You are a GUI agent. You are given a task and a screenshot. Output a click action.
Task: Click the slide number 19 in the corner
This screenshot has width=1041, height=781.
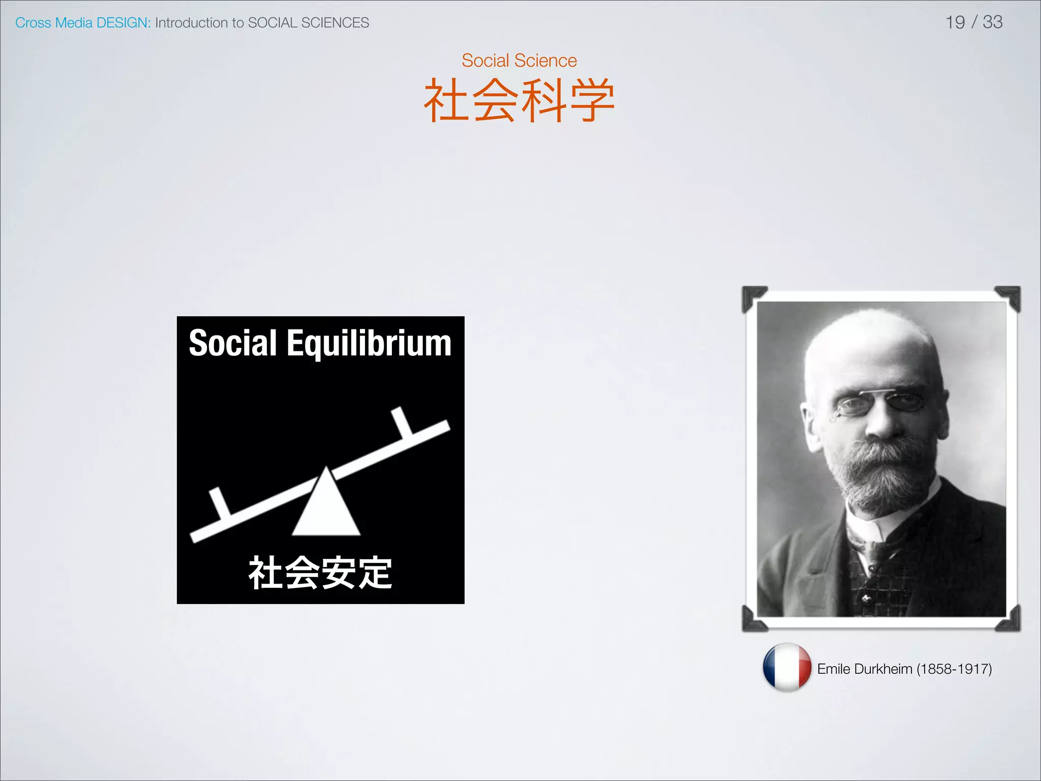click(955, 22)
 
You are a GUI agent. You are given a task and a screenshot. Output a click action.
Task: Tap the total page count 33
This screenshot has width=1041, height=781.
click(992, 22)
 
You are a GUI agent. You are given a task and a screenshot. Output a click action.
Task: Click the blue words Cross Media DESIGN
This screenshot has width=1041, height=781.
click(82, 23)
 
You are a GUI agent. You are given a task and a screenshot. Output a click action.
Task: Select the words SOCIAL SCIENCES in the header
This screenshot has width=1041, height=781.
click(308, 23)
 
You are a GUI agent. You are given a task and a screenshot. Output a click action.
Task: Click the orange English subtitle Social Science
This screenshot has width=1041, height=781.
click(519, 61)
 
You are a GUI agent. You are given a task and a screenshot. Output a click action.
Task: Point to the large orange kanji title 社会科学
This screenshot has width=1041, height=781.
click(519, 100)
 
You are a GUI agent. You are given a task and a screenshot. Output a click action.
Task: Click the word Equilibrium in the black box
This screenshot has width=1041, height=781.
click(369, 344)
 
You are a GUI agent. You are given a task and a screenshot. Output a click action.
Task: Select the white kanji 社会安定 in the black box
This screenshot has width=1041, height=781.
click(320, 573)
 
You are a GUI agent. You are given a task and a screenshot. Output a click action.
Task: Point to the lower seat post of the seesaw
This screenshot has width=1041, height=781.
click(220, 503)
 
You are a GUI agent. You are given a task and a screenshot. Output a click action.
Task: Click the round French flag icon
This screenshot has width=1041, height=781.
click(786, 668)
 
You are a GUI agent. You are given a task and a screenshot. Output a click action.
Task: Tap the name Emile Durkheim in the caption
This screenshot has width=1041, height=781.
click(864, 669)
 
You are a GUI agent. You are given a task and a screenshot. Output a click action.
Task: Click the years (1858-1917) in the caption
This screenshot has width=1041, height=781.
click(954, 669)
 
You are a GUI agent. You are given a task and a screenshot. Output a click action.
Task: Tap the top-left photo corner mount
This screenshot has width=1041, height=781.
click(753, 297)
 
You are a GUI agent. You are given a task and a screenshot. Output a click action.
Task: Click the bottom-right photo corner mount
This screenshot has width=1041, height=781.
click(1008, 619)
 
